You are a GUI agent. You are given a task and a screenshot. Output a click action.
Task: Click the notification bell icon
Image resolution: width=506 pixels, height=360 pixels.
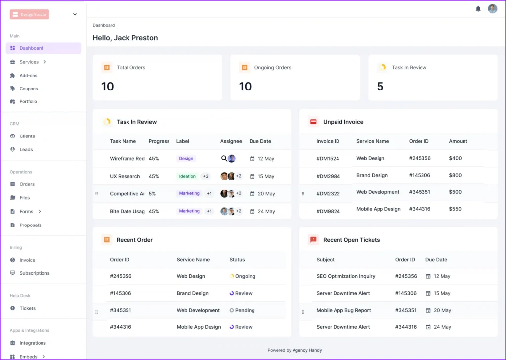click(x=478, y=9)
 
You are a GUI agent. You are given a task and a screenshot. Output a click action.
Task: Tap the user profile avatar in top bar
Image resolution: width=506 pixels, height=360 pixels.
click(x=492, y=9)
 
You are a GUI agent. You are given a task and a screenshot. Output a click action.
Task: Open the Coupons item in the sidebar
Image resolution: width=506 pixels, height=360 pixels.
click(x=28, y=89)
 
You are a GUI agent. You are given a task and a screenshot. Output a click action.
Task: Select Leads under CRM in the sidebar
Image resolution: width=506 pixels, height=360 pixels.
click(x=26, y=149)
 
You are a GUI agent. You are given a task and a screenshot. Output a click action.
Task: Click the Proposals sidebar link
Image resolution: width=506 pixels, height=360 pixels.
click(x=30, y=225)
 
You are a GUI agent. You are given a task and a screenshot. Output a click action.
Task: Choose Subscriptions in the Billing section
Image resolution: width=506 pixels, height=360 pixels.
click(x=35, y=273)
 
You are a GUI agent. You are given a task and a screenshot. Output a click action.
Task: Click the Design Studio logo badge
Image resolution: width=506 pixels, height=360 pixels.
click(x=30, y=14)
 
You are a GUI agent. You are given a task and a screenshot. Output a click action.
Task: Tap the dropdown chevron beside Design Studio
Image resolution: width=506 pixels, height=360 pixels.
click(x=75, y=14)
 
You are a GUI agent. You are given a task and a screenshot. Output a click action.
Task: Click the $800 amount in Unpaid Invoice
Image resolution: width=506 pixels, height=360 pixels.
click(x=455, y=175)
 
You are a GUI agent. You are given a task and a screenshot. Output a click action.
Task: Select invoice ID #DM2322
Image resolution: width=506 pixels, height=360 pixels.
click(x=328, y=194)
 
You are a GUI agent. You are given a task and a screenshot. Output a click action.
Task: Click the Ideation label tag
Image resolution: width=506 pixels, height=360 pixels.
click(x=187, y=176)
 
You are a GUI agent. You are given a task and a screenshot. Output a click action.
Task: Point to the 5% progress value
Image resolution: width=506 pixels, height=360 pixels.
click(x=152, y=194)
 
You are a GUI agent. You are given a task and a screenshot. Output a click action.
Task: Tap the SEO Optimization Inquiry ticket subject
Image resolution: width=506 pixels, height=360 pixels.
click(x=345, y=276)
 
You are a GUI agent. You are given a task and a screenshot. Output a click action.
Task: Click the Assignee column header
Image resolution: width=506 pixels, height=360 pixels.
click(x=231, y=141)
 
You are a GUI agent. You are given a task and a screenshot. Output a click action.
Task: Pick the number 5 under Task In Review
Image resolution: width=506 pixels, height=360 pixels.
click(x=380, y=87)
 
